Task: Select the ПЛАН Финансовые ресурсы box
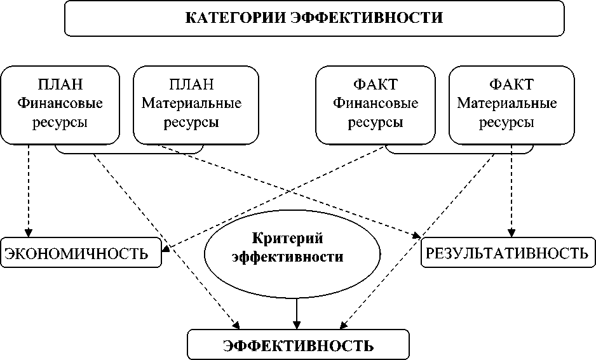pos(60,103)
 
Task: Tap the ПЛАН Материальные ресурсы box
pos(196,103)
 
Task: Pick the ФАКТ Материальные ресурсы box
pos(511,103)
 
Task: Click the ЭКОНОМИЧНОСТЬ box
pos(79,254)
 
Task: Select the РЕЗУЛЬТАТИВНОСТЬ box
pos(506,253)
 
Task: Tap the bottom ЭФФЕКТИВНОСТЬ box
pos(298,345)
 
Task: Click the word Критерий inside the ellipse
pos(288,239)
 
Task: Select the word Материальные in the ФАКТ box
pos(507,103)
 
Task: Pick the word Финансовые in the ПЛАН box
pos(60,103)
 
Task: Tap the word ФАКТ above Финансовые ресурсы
pos(376,85)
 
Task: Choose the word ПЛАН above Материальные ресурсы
pos(192,85)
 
